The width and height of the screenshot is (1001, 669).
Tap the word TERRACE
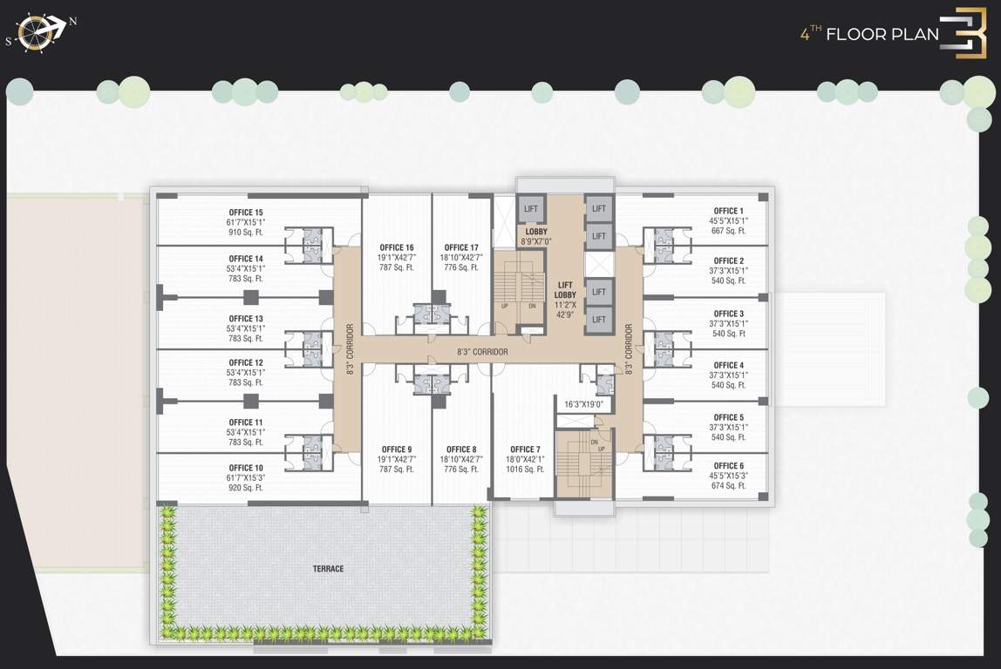329,569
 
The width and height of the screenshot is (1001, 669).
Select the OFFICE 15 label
246,213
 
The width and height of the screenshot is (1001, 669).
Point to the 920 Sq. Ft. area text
246,488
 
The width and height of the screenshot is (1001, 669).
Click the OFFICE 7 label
525,449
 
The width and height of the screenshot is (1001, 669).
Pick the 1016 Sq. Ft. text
525,470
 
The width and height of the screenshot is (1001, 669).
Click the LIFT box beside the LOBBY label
531,209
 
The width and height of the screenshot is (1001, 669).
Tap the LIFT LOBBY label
565,289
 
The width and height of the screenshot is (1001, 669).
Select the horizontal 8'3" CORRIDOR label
482,352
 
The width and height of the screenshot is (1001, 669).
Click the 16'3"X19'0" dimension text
583,404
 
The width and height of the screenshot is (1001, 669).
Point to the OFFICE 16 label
397,247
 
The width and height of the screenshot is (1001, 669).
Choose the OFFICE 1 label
728,211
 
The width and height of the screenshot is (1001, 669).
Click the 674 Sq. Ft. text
728,486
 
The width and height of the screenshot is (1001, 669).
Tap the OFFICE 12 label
246,362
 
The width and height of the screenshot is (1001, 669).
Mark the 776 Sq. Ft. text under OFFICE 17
461,267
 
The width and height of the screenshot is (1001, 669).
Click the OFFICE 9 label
397,449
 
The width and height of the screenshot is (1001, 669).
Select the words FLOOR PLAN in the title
882,35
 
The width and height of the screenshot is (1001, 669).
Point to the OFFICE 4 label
728,365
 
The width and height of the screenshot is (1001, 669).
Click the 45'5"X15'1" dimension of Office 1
728,220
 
